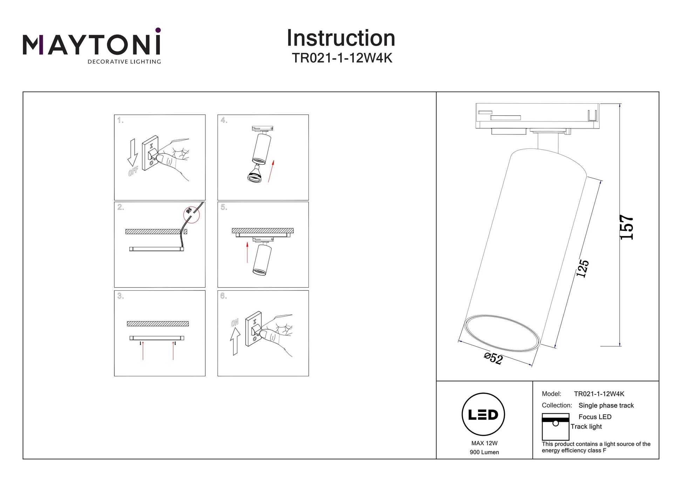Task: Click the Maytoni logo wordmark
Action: point(91,45)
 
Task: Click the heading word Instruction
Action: point(341,38)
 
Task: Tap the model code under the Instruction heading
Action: point(342,58)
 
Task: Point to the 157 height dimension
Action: point(626,227)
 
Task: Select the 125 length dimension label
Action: point(582,269)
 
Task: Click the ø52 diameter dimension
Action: point(493,358)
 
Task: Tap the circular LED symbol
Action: point(483,414)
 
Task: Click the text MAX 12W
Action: point(484,443)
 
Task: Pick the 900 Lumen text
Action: point(484,452)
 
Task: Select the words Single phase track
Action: point(606,405)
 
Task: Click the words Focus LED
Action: point(595,417)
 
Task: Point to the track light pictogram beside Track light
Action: point(555,427)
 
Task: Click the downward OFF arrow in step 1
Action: point(132,152)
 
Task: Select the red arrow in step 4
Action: point(271,171)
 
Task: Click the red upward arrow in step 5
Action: point(247,252)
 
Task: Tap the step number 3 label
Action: point(121,296)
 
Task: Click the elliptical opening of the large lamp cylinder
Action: point(502,332)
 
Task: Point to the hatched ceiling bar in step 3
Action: point(158,324)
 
